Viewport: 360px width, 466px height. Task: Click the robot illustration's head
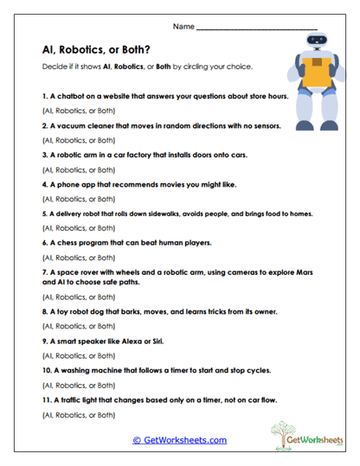click(315, 48)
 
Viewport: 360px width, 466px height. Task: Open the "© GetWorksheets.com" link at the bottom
click(180, 440)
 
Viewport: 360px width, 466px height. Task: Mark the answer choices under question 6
click(78, 257)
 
